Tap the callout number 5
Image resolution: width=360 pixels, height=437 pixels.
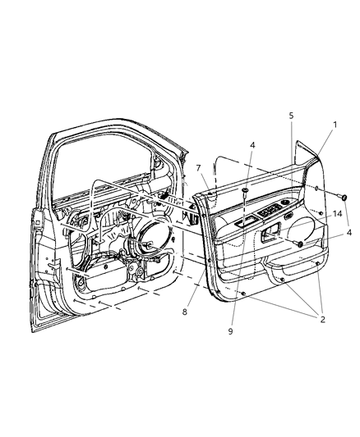pyautogui.click(x=291, y=116)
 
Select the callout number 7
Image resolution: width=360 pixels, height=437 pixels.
pyautogui.click(x=198, y=168)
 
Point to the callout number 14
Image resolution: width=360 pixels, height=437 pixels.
pyautogui.click(x=337, y=214)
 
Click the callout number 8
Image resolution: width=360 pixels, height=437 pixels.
pyautogui.click(x=185, y=312)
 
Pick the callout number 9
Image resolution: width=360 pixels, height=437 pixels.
pyautogui.click(x=230, y=331)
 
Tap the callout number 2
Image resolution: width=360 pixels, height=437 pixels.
pyautogui.click(x=322, y=319)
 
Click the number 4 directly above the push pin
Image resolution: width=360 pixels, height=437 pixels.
pyautogui.click(x=252, y=144)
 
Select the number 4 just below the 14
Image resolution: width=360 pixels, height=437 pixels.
pyautogui.click(x=349, y=232)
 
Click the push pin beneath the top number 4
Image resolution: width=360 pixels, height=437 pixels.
pyautogui.click(x=245, y=193)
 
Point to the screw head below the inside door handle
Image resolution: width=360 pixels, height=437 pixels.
pyautogui.click(x=299, y=244)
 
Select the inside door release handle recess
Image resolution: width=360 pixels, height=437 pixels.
pyautogui.click(x=270, y=232)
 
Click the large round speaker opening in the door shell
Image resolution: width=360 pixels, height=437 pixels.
pyautogui.click(x=155, y=232)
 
